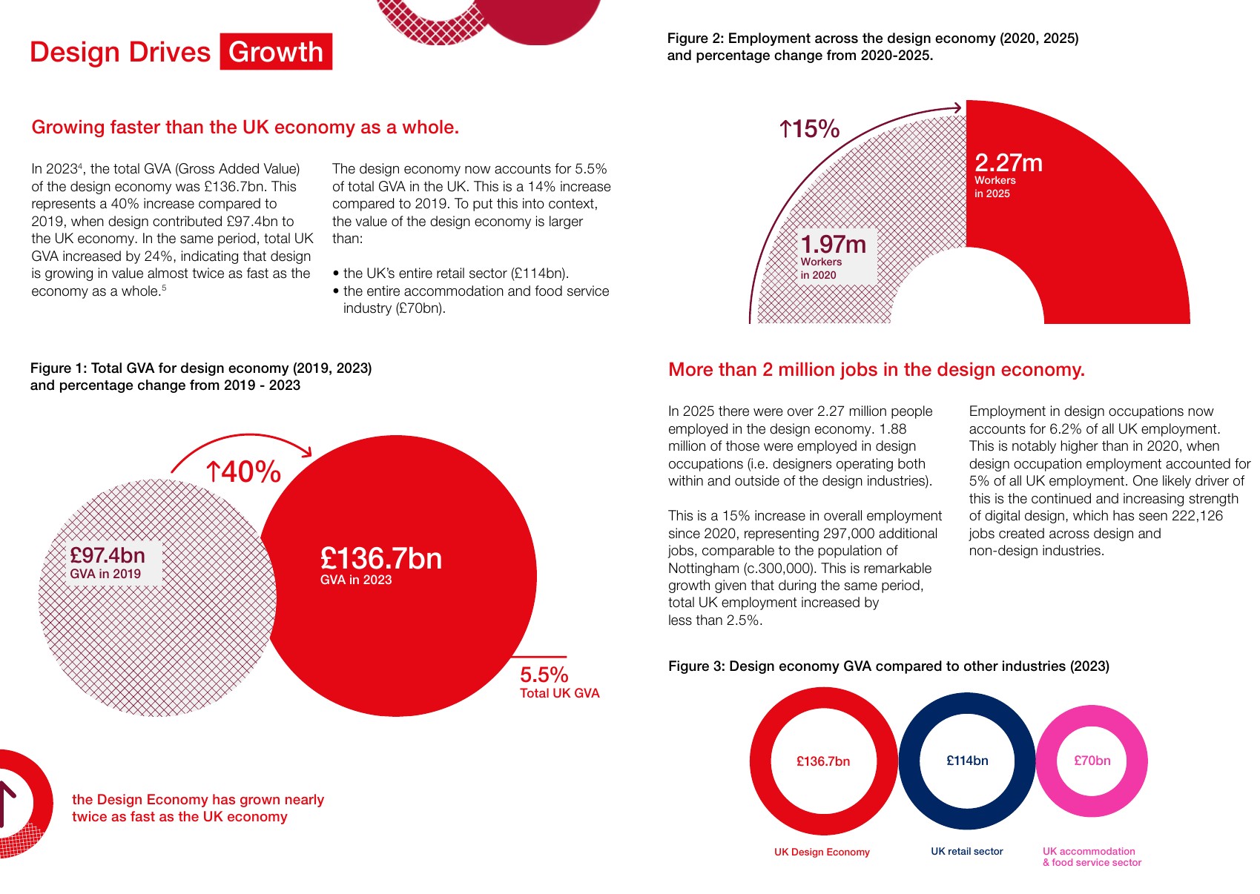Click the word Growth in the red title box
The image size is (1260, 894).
tap(276, 52)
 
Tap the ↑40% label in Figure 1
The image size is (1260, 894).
tap(243, 471)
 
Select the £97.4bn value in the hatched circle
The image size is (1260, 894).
tap(108, 555)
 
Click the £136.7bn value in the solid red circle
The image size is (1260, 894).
tap(380, 558)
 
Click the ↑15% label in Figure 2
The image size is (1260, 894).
tap(809, 129)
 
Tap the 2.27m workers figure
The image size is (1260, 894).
tap(1008, 162)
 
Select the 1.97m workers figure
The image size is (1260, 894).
tap(833, 244)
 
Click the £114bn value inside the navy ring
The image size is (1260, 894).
tap(967, 760)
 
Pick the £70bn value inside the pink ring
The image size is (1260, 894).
tap(1092, 760)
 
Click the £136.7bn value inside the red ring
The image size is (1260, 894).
tap(823, 761)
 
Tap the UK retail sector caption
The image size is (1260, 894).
tap(966, 851)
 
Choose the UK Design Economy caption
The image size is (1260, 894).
tap(822, 851)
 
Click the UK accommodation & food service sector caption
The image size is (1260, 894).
tap(1092, 856)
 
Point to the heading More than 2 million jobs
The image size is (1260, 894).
tap(877, 369)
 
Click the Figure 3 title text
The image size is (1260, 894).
tap(888, 666)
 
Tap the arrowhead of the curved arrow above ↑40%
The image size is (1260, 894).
tap(307, 451)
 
